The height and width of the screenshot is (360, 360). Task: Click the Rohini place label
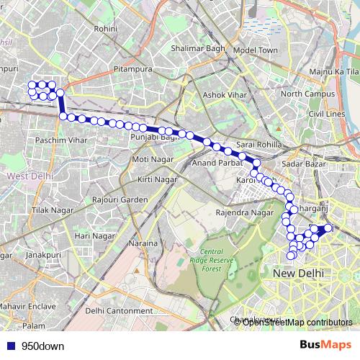(106, 29)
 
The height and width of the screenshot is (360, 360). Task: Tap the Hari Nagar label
(95, 235)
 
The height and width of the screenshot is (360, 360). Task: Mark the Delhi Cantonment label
(116, 310)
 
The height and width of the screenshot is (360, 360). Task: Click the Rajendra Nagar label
(245, 213)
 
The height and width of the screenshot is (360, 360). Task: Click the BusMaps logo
(325, 345)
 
